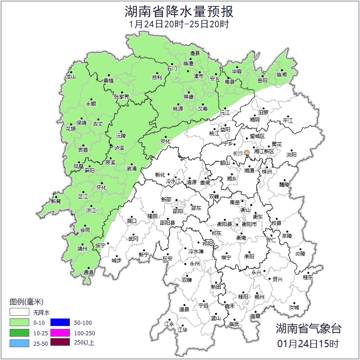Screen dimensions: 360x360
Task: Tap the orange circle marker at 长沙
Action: (x=247, y=152)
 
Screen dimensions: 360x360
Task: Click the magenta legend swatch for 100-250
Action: (x=60, y=333)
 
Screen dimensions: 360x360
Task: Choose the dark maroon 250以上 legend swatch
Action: (x=60, y=343)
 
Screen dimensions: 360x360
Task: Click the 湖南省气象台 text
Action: (x=308, y=328)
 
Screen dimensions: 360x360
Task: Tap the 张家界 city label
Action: (x=122, y=97)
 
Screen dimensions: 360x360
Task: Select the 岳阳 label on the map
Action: (x=262, y=81)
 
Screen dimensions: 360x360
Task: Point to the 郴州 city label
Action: (x=259, y=297)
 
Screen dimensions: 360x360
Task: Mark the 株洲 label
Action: (x=266, y=172)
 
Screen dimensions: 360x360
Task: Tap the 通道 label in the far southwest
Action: (x=88, y=273)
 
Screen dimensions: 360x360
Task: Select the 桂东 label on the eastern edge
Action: (x=308, y=277)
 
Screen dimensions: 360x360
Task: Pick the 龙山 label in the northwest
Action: (x=70, y=77)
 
